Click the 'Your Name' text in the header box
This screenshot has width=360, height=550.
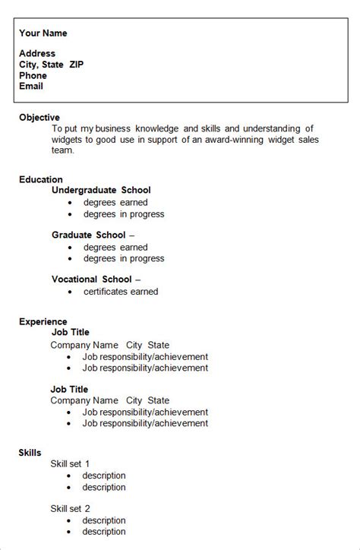click(43, 33)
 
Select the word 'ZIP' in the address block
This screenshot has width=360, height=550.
click(77, 65)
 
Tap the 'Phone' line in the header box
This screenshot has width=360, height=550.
click(33, 75)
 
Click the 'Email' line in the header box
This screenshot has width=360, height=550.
click(31, 86)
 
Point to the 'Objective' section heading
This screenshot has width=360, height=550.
click(39, 118)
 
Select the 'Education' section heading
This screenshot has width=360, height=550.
click(41, 180)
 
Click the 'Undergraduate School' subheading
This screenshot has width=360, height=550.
click(101, 190)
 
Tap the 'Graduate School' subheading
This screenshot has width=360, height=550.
click(88, 235)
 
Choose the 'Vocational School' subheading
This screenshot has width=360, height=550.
click(91, 280)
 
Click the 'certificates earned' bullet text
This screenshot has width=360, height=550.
click(121, 291)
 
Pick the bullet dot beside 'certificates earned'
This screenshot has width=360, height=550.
click(69, 292)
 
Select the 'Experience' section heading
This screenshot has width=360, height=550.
click(43, 322)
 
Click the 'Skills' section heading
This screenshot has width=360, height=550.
click(30, 453)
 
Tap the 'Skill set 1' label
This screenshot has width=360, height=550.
click(71, 463)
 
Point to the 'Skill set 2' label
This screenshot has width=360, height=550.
click(71, 508)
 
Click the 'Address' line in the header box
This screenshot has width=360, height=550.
click(37, 54)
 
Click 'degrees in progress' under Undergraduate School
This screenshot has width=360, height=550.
click(124, 214)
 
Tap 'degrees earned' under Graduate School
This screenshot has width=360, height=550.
click(115, 247)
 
